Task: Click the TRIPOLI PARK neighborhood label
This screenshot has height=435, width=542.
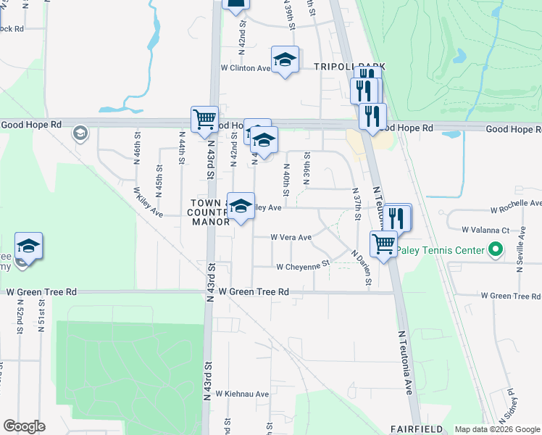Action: (x=349, y=67)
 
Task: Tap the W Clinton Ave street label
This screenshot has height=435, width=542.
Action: (x=246, y=68)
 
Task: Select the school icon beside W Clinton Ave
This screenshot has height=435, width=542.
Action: (x=285, y=59)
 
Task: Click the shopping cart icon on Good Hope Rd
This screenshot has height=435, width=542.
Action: (x=204, y=119)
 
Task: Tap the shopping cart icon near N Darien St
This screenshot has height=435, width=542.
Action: (x=383, y=244)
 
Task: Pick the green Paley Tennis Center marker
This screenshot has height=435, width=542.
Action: (x=496, y=250)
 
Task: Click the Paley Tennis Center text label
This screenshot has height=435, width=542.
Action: (x=449, y=251)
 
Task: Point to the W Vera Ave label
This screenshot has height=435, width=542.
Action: (x=291, y=237)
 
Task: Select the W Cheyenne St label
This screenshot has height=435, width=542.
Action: (x=303, y=266)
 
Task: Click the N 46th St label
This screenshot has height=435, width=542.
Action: (x=136, y=147)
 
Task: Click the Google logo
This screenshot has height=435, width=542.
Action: (x=24, y=426)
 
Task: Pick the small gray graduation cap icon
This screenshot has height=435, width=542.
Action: (x=79, y=133)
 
